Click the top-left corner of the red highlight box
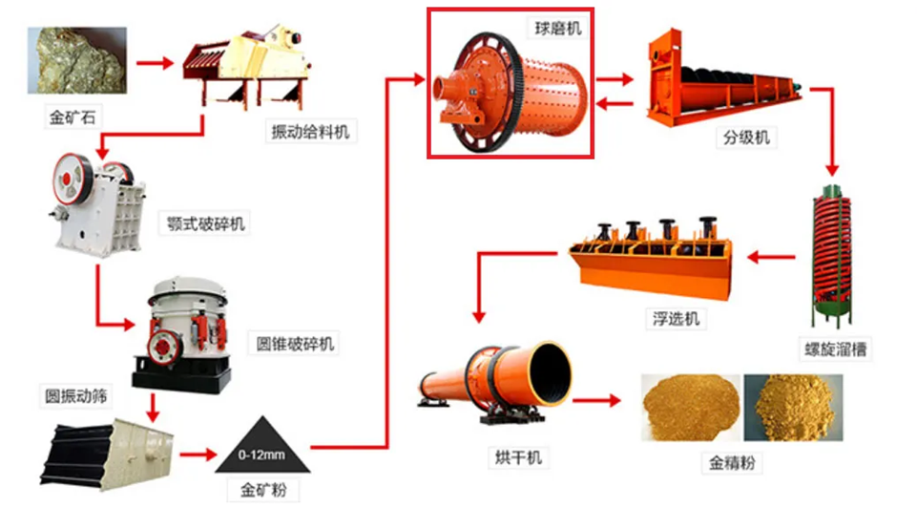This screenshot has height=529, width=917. (428, 9)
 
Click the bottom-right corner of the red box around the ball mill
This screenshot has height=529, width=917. (594, 158)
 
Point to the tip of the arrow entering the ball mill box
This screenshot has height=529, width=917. (426, 79)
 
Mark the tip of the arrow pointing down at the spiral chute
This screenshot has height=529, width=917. (832, 176)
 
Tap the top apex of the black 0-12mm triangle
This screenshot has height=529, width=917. (262, 416)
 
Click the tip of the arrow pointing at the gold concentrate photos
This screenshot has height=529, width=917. (621, 400)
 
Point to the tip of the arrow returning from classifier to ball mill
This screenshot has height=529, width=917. (596, 104)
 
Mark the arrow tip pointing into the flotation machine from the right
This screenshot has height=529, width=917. (747, 256)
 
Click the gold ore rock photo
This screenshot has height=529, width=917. (77, 60)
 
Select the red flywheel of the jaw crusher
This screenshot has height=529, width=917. (70, 179)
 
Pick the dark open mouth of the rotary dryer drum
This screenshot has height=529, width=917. (550, 372)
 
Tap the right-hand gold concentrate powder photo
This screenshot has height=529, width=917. (793, 408)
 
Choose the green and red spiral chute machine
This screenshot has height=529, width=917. (831, 255)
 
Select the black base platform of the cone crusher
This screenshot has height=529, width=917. (182, 375)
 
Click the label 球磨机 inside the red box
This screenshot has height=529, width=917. (557, 28)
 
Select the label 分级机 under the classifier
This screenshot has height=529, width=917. (746, 138)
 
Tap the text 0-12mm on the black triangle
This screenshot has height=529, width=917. (261, 455)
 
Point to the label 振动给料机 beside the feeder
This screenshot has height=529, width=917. (310, 132)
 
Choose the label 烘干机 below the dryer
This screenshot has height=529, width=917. (518, 457)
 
